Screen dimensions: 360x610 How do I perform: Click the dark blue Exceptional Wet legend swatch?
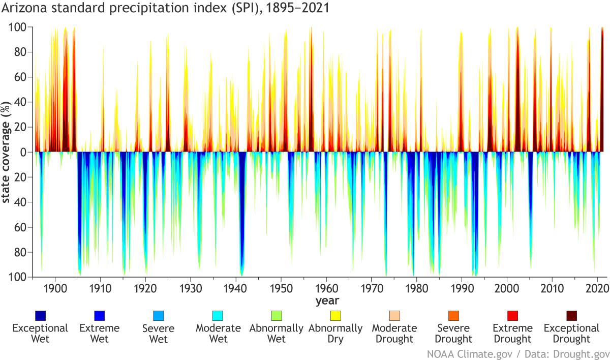click(40, 316)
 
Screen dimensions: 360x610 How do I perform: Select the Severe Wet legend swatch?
click(159, 316)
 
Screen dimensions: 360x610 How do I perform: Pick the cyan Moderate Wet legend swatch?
click(218, 316)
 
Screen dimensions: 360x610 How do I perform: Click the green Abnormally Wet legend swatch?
click(276, 316)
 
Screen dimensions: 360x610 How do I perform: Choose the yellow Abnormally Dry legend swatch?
click(335, 316)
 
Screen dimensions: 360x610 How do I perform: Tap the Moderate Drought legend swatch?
click(394, 316)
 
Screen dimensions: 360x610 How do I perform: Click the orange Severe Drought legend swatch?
click(454, 316)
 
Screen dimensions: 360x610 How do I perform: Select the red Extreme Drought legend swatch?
click(512, 316)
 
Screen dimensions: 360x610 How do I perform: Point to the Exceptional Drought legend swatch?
click(572, 316)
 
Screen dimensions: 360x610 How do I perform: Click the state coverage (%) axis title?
click(7, 152)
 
